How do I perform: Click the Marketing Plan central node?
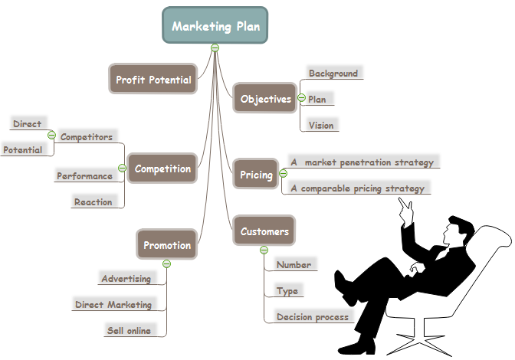(215, 25)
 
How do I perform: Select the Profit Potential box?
(153, 79)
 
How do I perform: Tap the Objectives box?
(265, 99)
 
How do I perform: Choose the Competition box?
(162, 169)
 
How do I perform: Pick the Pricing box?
(256, 175)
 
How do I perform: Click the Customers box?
(264, 231)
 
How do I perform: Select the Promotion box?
(166, 245)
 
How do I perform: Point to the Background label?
(333, 74)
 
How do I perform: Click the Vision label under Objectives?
(320, 125)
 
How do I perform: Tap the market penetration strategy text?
(362, 162)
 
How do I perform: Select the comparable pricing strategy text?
(356, 188)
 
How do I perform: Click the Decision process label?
(313, 316)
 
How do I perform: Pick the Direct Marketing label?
(113, 304)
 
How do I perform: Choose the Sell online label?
(129, 331)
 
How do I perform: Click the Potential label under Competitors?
(22, 150)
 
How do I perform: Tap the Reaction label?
(93, 202)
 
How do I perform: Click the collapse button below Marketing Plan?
(215, 47)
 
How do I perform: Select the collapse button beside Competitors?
(51, 136)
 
